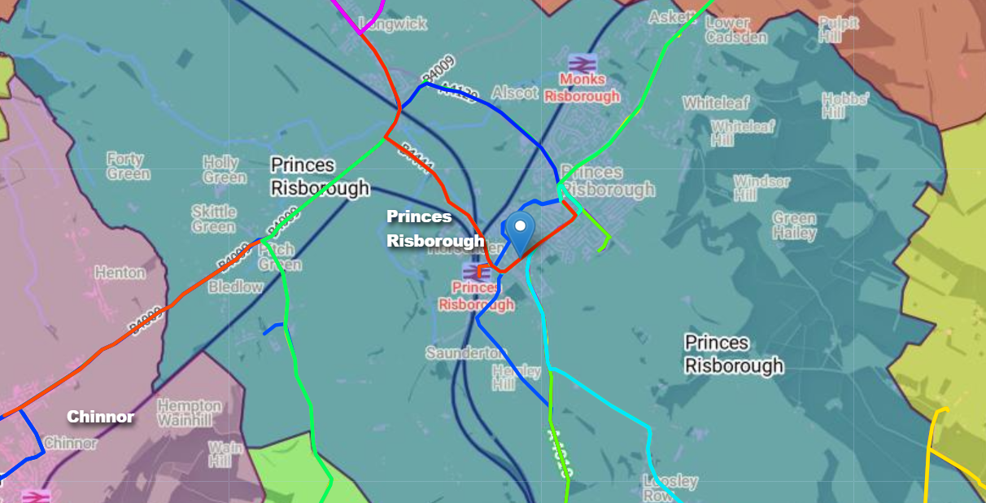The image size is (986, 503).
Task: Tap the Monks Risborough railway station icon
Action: pyautogui.click(x=582, y=63)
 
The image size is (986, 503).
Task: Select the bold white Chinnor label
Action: pyautogui.click(x=101, y=417)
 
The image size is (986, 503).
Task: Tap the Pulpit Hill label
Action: pyautogui.click(x=839, y=30)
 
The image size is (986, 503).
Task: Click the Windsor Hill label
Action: pyautogui.click(x=761, y=188)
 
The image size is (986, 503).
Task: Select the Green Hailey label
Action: pyautogui.click(x=794, y=225)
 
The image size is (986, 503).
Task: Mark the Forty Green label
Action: pyautogui.click(x=129, y=166)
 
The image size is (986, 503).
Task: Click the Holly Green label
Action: pyautogui.click(x=225, y=170)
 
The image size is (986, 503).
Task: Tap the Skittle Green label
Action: pyautogui.click(x=214, y=218)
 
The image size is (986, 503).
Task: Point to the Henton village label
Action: pyautogui.click(x=120, y=273)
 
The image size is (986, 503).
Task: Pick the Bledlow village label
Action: pyautogui.click(x=236, y=286)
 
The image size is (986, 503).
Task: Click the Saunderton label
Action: pyautogui.click(x=465, y=353)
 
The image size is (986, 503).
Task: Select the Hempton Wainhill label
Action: pyautogui.click(x=189, y=413)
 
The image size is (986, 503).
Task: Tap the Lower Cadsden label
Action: pyautogui.click(x=735, y=30)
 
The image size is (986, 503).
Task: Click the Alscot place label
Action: pyautogui.click(x=515, y=93)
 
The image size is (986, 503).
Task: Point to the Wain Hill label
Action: pyautogui.click(x=225, y=454)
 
